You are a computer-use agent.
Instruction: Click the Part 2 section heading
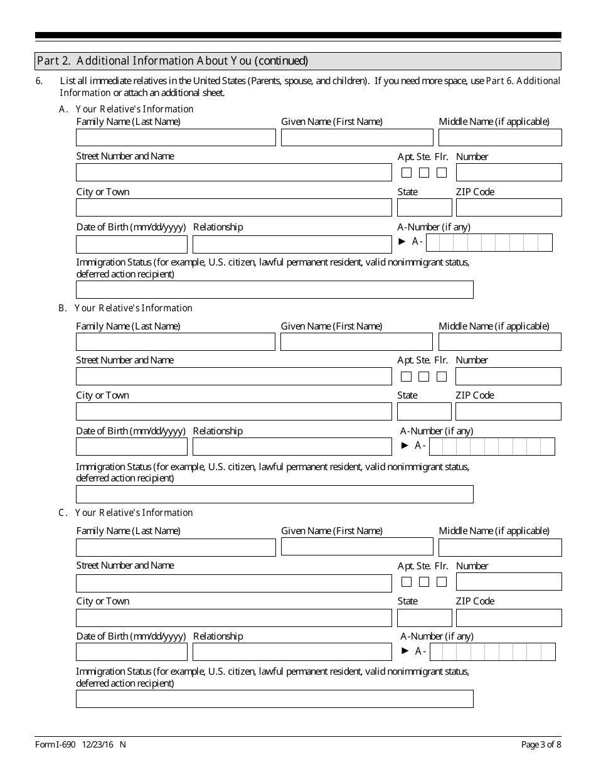[173, 61]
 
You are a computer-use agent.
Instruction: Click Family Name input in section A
[176, 137]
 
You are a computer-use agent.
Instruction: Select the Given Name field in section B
[356, 342]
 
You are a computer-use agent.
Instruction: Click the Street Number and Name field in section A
[233, 173]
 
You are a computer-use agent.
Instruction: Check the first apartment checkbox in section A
[407, 173]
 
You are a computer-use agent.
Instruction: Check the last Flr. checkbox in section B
[442, 377]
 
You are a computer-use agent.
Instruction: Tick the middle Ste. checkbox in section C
[424, 582]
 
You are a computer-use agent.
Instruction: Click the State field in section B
[424, 412]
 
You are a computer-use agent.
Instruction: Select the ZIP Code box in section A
[509, 208]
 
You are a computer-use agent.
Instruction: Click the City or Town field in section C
[233, 618]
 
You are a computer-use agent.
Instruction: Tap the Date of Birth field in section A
[132, 244]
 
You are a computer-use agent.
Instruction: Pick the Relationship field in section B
[292, 447]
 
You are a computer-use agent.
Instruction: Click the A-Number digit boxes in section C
[492, 652]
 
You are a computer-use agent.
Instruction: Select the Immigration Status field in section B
[274, 495]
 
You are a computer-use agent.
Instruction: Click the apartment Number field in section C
[509, 582]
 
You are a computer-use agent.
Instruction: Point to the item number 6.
[40, 81]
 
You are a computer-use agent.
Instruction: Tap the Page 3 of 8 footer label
[541, 745]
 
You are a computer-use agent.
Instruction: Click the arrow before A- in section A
[403, 242]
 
